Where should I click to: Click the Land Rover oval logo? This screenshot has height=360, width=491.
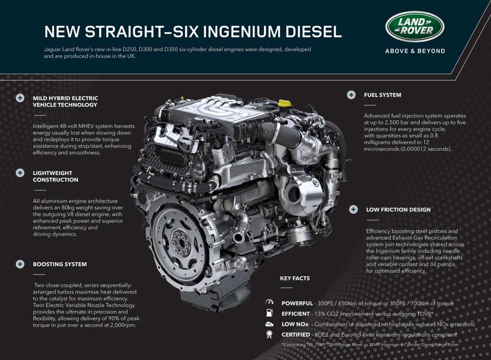(x=415, y=26)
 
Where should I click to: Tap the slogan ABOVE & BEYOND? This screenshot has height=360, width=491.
(x=415, y=51)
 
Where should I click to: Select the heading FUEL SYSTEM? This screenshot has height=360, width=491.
(x=382, y=95)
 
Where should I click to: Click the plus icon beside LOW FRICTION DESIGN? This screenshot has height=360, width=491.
(x=353, y=210)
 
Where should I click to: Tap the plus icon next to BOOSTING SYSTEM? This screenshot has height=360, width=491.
(x=20, y=264)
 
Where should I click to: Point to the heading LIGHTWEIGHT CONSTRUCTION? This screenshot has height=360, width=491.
(x=55, y=176)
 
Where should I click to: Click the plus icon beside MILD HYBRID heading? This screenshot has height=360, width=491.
(x=20, y=98)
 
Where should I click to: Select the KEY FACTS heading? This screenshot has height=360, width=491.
(x=295, y=278)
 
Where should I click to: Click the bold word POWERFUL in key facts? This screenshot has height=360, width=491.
(x=297, y=303)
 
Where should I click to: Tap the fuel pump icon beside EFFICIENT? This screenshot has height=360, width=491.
(x=269, y=313)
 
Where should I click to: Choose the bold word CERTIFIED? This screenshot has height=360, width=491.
(x=296, y=335)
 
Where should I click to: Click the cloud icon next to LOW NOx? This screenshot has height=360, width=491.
(x=269, y=324)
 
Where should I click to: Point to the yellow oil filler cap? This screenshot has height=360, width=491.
(x=284, y=104)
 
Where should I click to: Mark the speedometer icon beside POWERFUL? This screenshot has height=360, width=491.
(x=269, y=302)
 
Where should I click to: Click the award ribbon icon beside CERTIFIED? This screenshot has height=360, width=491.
(x=269, y=335)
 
